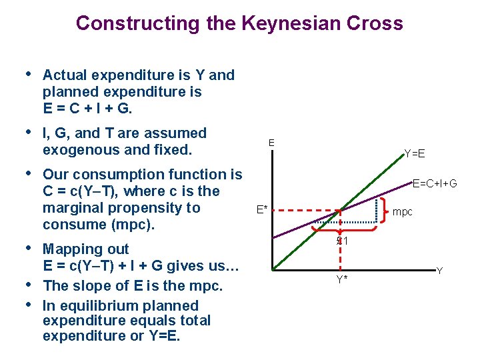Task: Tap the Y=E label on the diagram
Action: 414,154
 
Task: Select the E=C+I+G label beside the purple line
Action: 434,183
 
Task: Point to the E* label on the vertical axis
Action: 262,211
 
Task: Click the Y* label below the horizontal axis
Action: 341,279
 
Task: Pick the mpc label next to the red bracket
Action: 403,212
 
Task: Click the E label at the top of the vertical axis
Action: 271,143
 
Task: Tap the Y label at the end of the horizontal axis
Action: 439,271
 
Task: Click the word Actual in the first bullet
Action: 64,75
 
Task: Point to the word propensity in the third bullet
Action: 166,208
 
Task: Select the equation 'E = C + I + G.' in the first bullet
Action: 83,107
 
